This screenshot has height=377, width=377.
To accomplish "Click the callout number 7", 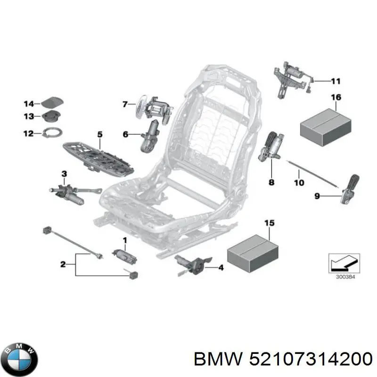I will [x=125, y=104].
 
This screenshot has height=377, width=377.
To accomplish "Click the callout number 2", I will [x=63, y=264].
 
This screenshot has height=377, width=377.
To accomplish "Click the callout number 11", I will [x=335, y=81].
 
